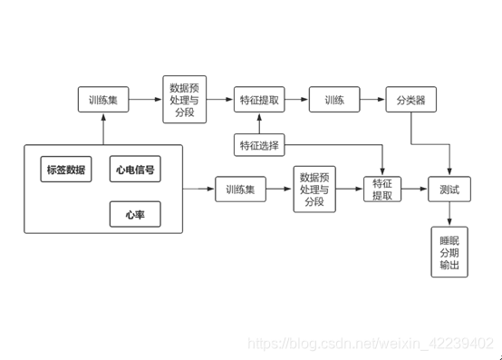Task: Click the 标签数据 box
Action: [66, 170]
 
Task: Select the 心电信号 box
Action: [135, 170]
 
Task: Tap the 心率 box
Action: [135, 214]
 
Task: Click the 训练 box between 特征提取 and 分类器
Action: [334, 101]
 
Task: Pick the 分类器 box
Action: [411, 101]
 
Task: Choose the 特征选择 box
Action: [259, 145]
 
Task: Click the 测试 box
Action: [449, 190]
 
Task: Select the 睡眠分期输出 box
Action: [449, 253]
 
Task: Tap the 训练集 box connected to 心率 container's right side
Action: [241, 190]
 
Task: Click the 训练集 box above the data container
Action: [102, 101]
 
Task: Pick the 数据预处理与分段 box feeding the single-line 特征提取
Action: [314, 190]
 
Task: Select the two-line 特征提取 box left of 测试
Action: [382, 190]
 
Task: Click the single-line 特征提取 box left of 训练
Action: [259, 101]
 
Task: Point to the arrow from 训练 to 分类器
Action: [372, 101]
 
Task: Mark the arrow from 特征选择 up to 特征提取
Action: [259, 122]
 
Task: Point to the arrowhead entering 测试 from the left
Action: [425, 190]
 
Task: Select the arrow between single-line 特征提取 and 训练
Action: [296, 101]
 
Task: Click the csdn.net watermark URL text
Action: [371, 344]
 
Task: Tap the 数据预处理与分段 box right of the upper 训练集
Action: [184, 101]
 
